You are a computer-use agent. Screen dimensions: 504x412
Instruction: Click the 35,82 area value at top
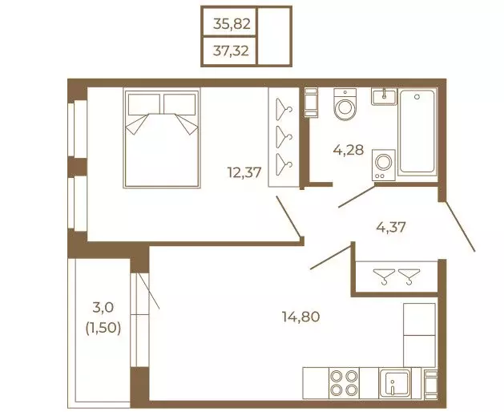pyautogui.click(x=232, y=24)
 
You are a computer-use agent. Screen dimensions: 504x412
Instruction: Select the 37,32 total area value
pyautogui.click(x=231, y=50)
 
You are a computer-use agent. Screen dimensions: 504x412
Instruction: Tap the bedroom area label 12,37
pyautogui.click(x=244, y=172)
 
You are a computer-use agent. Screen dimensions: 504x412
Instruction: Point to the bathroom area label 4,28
pyautogui.click(x=349, y=150)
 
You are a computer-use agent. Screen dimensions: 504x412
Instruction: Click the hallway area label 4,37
pyautogui.click(x=391, y=227)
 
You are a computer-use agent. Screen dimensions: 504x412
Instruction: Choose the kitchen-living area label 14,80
pyautogui.click(x=300, y=317)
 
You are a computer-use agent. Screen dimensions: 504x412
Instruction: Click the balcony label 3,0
pyautogui.click(x=103, y=308)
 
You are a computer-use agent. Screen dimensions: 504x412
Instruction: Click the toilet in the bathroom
pyautogui.click(x=345, y=104)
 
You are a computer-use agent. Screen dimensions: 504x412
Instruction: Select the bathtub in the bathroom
pyautogui.click(x=417, y=132)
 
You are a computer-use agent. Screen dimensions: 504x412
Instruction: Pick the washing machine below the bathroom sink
pyautogui.click(x=384, y=165)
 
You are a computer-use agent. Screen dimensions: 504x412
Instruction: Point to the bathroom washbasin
pyautogui.click(x=384, y=96)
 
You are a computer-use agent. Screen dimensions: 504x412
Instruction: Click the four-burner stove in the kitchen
pyautogui.click(x=345, y=382)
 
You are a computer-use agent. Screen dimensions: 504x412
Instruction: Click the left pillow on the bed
pyautogui.click(x=144, y=104)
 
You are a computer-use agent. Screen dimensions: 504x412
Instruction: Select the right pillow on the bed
pyautogui.click(x=179, y=104)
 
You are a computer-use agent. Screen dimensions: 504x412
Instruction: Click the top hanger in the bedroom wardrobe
pyautogui.click(x=284, y=108)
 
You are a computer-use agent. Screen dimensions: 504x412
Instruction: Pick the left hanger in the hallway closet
pyautogui.click(x=384, y=277)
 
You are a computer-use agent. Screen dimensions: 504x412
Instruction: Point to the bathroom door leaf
pyautogui.click(x=357, y=196)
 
